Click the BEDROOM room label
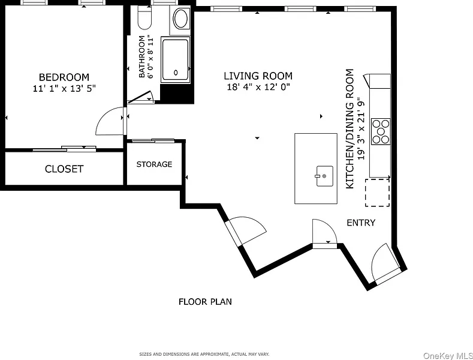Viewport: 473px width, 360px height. [64, 77]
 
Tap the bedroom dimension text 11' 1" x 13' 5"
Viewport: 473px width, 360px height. [64, 88]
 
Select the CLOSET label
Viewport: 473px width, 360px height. [64, 169]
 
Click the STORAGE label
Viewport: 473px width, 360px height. [154, 164]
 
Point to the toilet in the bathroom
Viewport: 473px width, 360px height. [144, 17]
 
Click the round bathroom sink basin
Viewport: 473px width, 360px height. [180, 19]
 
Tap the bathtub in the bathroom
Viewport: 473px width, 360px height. [176, 60]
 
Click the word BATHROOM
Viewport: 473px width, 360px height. [141, 56]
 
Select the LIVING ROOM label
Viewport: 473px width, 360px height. [258, 76]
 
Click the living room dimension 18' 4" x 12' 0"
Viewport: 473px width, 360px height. [258, 87]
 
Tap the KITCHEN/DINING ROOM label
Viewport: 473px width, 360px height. [350, 129]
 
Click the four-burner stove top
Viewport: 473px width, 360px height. [381, 131]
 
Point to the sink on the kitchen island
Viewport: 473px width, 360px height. [324, 176]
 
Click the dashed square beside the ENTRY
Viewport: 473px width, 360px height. [377, 193]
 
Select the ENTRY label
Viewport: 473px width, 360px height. [361, 223]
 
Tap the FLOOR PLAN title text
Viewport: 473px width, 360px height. [205, 302]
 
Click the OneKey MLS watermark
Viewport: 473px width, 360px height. [448, 356]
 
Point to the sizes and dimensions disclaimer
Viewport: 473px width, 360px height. [204, 354]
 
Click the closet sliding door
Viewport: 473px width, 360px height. [65, 148]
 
